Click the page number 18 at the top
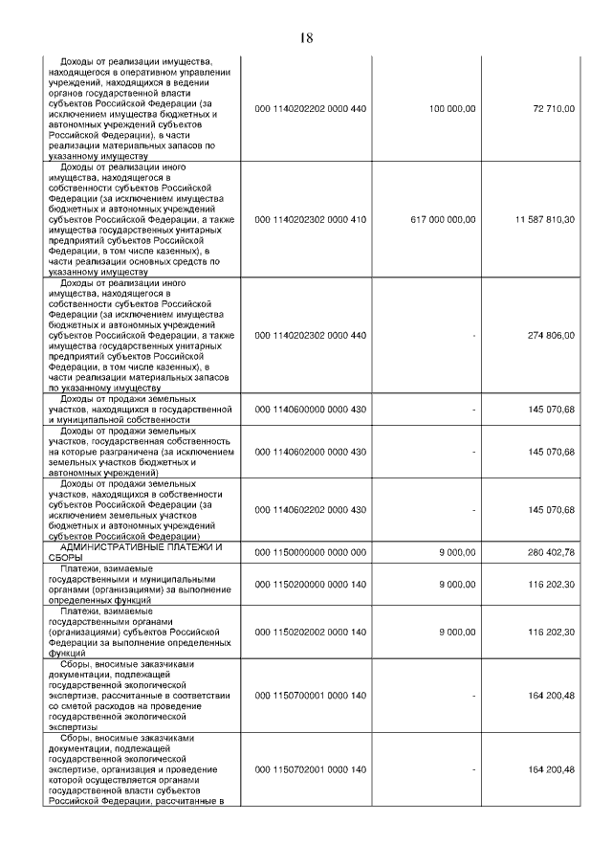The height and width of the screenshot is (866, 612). pos(306,37)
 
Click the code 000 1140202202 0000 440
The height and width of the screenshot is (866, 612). pos(311,110)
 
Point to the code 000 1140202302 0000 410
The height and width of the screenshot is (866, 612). pos(311,219)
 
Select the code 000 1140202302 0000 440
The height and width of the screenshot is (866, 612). pos(311,336)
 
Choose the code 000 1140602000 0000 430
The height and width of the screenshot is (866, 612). pos(311,452)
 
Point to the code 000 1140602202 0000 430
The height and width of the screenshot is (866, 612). pos(311,510)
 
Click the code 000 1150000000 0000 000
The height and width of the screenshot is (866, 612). pos(311,552)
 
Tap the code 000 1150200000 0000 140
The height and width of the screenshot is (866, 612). pos(311,584)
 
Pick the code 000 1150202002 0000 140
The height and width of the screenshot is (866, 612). pos(311,633)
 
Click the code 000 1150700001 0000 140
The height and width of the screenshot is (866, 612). pos(311,696)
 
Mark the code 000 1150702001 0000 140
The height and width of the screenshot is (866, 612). pos(311,770)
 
